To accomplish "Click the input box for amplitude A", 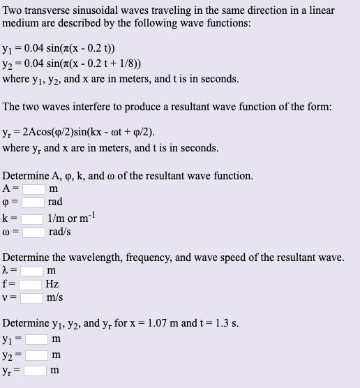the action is pyautogui.click(x=33, y=188).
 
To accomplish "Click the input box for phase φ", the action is pyautogui.click(x=33, y=202).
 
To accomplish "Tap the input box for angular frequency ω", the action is pyautogui.click(x=33, y=231).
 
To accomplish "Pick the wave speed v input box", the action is pyautogui.click(x=31, y=297).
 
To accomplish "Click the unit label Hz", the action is pyautogui.click(x=52, y=284).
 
